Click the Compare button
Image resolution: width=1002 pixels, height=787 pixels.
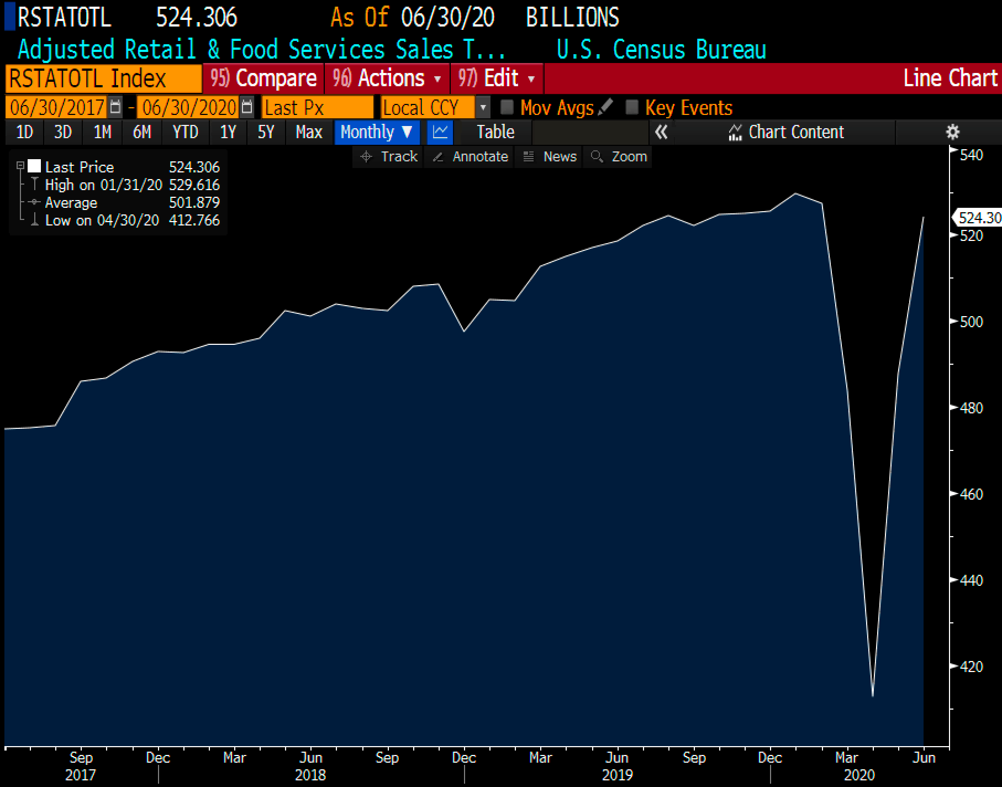[263, 78]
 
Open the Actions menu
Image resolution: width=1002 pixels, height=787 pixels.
[387, 78]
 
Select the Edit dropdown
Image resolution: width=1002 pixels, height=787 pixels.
[497, 78]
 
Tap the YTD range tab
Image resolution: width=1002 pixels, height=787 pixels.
[185, 132]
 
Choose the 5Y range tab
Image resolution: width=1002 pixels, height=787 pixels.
[266, 132]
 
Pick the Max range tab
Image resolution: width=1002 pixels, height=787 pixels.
[309, 132]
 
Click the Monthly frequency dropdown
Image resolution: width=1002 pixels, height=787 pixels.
[376, 132]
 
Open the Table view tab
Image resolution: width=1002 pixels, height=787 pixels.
[495, 132]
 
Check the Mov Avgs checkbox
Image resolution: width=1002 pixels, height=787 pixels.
[507, 107]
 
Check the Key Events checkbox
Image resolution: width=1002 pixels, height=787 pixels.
[631, 107]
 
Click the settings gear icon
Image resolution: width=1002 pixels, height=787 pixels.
[953, 132]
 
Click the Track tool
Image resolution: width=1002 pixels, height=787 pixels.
[388, 157]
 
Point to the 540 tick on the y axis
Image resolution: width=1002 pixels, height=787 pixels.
[971, 155]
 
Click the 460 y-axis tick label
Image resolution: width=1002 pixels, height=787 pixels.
[971, 494]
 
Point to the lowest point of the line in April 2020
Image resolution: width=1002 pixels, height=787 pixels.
[872, 696]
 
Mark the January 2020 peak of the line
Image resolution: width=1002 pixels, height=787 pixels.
[795, 193]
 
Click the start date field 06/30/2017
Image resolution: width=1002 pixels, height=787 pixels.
[57, 107]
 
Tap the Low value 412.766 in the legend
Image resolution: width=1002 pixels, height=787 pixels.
[194, 221]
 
